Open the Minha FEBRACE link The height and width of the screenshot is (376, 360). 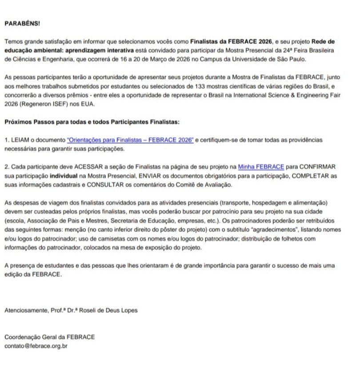(x=261, y=167)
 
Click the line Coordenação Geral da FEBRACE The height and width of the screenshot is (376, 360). (x=49, y=337)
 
